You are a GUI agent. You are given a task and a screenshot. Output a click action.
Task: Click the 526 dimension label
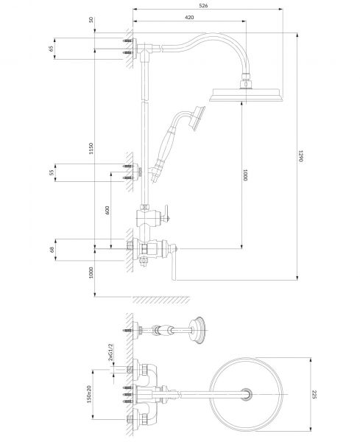pyautogui.click(x=203, y=5)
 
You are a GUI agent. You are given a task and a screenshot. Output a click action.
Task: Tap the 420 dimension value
pyautogui.click(x=189, y=17)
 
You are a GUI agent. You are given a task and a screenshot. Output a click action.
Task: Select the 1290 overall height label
pyautogui.click(x=300, y=156)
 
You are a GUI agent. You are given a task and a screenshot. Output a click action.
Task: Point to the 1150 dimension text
pyautogui.click(x=91, y=148)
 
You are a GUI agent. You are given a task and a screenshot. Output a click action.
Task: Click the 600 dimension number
pyautogui.click(x=107, y=210)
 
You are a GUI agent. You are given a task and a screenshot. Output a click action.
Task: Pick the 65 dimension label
pyautogui.click(x=51, y=49)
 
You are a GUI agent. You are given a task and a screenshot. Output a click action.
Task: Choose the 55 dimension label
pyautogui.click(x=52, y=172)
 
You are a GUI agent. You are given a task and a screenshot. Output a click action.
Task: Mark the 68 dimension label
pyautogui.click(x=52, y=250)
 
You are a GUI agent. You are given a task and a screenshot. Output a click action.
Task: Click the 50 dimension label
pyautogui.click(x=91, y=20)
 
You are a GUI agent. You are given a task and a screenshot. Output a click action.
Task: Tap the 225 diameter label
pyautogui.click(x=314, y=394)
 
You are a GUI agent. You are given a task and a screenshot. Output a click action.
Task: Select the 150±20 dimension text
pyautogui.click(x=89, y=394)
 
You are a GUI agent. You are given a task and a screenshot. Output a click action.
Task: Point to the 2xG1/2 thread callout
pyautogui.click(x=110, y=352)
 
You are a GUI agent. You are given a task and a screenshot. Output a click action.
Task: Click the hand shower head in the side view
pyautogui.click(x=197, y=118)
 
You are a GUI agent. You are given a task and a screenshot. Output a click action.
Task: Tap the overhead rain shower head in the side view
pyautogui.click(x=245, y=95)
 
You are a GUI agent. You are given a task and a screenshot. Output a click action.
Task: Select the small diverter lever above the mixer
pyautogui.click(x=166, y=213)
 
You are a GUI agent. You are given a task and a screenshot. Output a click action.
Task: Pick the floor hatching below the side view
pyautogui.click(x=161, y=300)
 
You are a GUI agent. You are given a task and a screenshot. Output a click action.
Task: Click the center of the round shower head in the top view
pyautogui.click(x=247, y=394)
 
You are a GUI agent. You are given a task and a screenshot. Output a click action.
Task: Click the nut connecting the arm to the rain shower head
pyautogui.click(x=247, y=76)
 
